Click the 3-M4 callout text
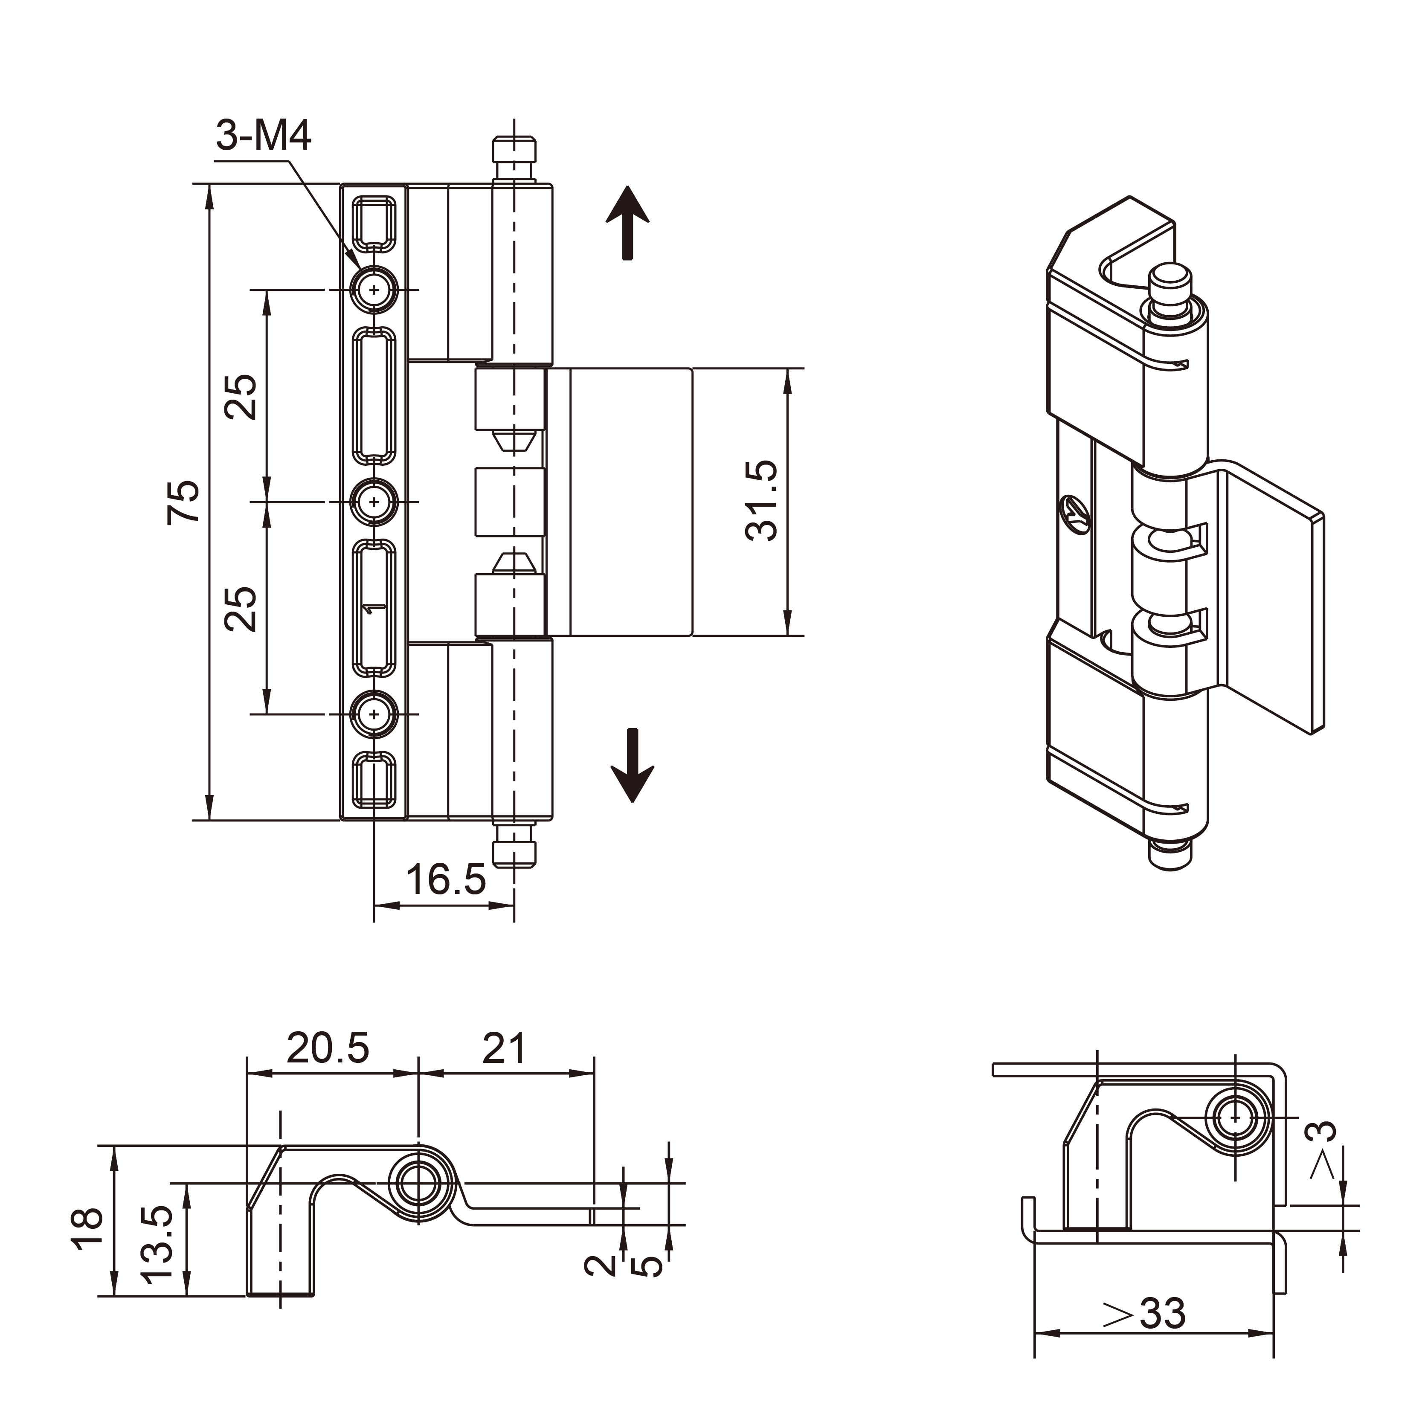pyautogui.click(x=264, y=136)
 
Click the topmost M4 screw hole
pyautogui.click(x=374, y=290)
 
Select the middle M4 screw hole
pyautogui.click(x=374, y=502)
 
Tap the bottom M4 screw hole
pyautogui.click(x=374, y=714)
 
